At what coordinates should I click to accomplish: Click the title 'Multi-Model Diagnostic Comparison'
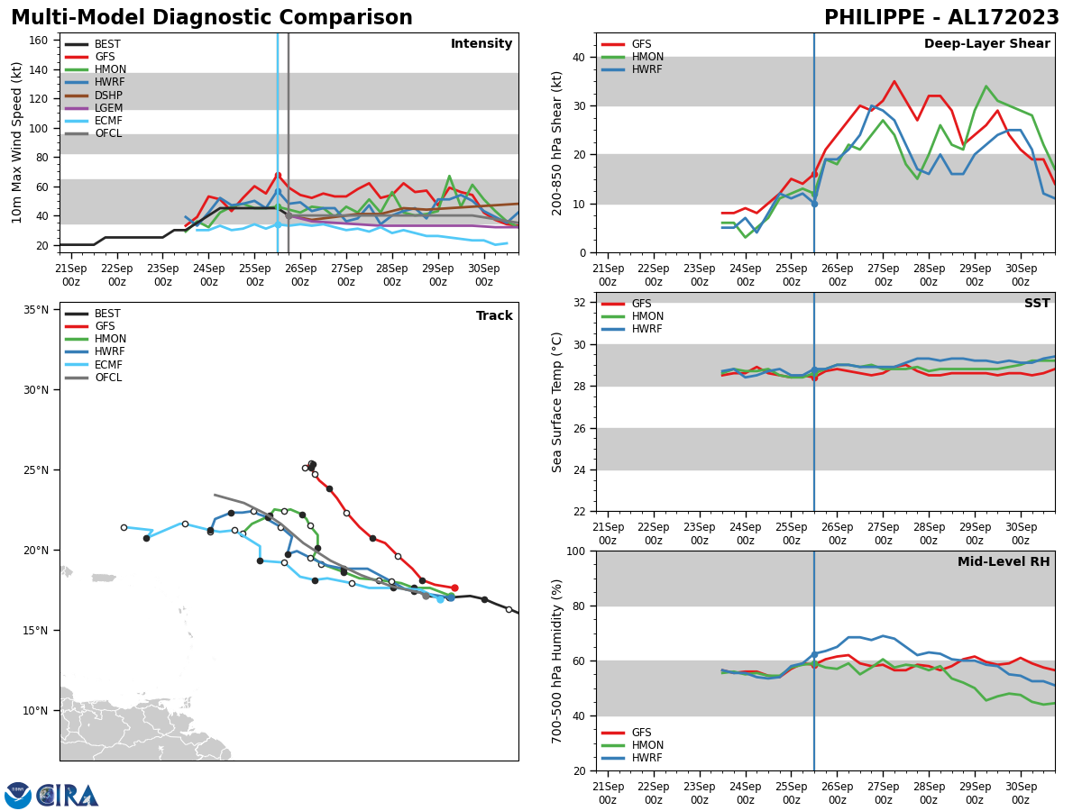212,18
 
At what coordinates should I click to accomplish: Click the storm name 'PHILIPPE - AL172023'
941,18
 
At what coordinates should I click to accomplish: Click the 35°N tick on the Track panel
35,310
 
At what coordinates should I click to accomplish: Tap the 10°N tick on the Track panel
35,710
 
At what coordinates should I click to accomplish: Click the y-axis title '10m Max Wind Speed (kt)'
17,142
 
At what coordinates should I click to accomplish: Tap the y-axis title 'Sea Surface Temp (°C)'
557,402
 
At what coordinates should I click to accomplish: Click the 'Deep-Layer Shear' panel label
986,44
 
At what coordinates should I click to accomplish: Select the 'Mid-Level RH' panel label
1004,562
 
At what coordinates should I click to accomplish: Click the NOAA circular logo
18,796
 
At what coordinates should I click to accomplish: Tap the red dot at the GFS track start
454,588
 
